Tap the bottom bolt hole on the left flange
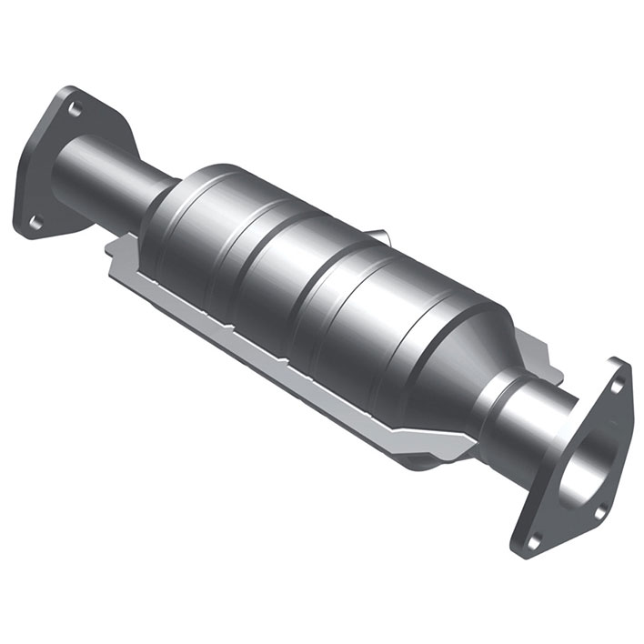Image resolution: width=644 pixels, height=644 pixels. pos(35,221)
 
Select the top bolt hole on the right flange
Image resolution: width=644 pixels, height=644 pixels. pos(618,386)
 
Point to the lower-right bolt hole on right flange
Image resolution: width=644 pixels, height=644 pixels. pos(534,540)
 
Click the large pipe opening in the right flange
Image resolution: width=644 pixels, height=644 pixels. pos(587,464)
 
